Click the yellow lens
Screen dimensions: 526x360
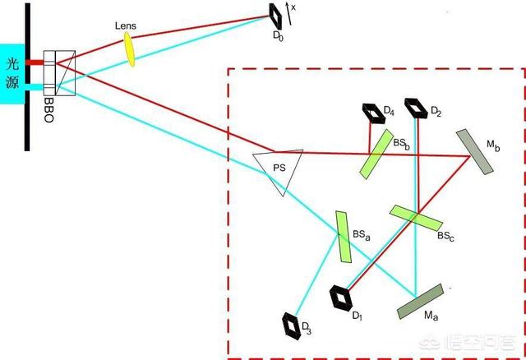pyautogui.click(x=130, y=49)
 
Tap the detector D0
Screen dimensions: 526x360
pyautogui.click(x=276, y=16)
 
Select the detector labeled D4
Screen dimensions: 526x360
pyautogui.click(x=373, y=113)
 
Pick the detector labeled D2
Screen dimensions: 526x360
pyautogui.click(x=416, y=108)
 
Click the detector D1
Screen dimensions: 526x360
pyautogui.click(x=341, y=298)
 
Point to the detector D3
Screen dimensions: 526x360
pyautogui.click(x=291, y=326)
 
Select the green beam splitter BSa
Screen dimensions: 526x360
pyautogui.click(x=344, y=237)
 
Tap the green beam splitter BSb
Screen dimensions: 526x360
pyautogui.click(x=376, y=154)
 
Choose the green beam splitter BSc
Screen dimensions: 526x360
pyautogui.click(x=416, y=218)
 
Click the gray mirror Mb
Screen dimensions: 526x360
pyautogui.click(x=475, y=152)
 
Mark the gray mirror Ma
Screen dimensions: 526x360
pyautogui.click(x=420, y=302)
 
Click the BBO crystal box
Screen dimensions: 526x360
pyautogui.click(x=59, y=73)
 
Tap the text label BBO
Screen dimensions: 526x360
pyautogui.click(x=49, y=109)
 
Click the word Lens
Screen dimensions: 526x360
pyautogui.click(x=126, y=25)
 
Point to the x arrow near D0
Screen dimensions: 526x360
pyautogui.click(x=288, y=13)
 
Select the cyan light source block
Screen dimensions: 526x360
pyautogui.click(x=12, y=74)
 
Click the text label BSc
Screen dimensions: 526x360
pyautogui.click(x=445, y=236)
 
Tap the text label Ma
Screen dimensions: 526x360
pyautogui.click(x=431, y=316)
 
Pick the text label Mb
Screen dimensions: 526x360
pyautogui.click(x=493, y=145)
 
